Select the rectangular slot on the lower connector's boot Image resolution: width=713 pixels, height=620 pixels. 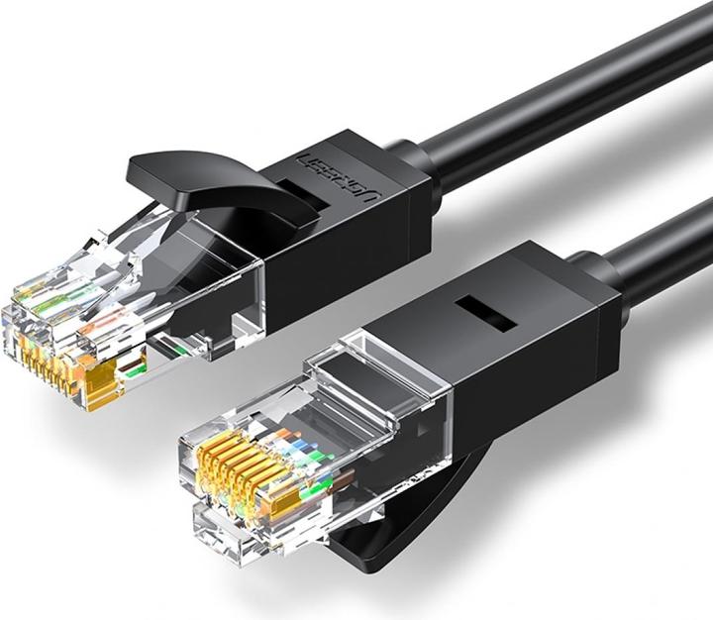pos(486,313)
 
